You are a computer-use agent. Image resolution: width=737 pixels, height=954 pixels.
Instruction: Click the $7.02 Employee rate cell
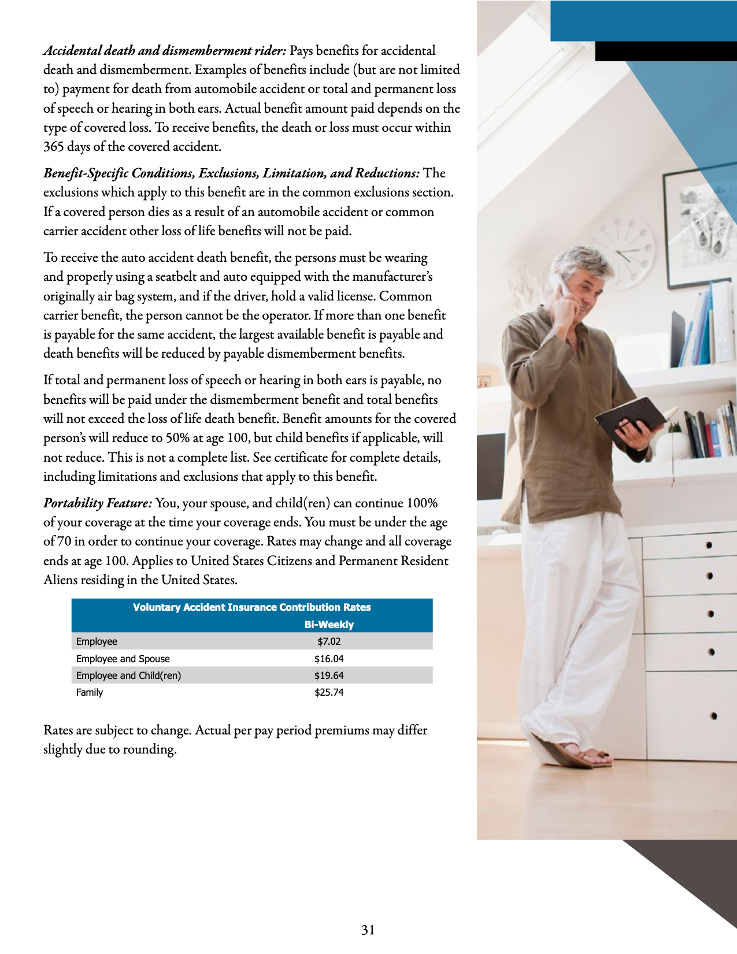pyautogui.click(x=329, y=641)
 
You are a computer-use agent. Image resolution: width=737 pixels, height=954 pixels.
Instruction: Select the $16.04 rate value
pyautogui.click(x=329, y=659)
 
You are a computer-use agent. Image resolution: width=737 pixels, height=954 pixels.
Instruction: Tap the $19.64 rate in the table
pyautogui.click(x=329, y=675)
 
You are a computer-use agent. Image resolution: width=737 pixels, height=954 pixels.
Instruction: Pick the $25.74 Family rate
pyautogui.click(x=329, y=692)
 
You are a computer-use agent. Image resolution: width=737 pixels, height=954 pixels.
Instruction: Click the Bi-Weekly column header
pyautogui.click(x=329, y=625)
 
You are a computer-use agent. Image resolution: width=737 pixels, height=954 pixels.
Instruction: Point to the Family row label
pyautogui.click(x=90, y=692)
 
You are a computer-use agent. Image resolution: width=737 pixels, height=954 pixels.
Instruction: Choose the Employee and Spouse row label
pyautogui.click(x=123, y=659)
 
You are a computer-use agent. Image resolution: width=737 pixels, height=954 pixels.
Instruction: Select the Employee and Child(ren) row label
pyautogui.click(x=128, y=675)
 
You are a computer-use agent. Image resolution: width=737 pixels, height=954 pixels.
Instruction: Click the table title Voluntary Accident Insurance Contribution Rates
pyautogui.click(x=251, y=607)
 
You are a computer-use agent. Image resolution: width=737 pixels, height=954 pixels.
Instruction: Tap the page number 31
pyautogui.click(x=368, y=930)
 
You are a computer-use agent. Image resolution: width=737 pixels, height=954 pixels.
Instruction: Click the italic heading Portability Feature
pyautogui.click(x=98, y=503)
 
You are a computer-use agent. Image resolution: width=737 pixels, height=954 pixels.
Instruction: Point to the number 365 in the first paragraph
pyautogui.click(x=54, y=147)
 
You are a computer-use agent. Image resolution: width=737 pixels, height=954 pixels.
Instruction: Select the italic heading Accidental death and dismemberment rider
pyautogui.click(x=165, y=51)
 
